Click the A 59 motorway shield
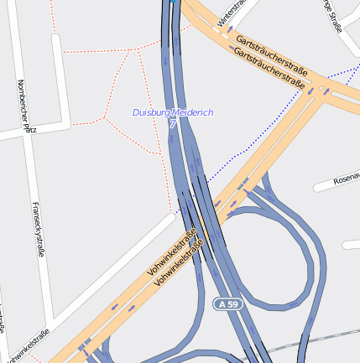click(x=227, y=302)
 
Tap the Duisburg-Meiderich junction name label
click(x=173, y=112)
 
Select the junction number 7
click(x=173, y=124)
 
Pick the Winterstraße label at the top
click(x=235, y=12)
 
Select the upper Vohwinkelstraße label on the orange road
click(x=171, y=248)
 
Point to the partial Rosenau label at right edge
click(x=346, y=179)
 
